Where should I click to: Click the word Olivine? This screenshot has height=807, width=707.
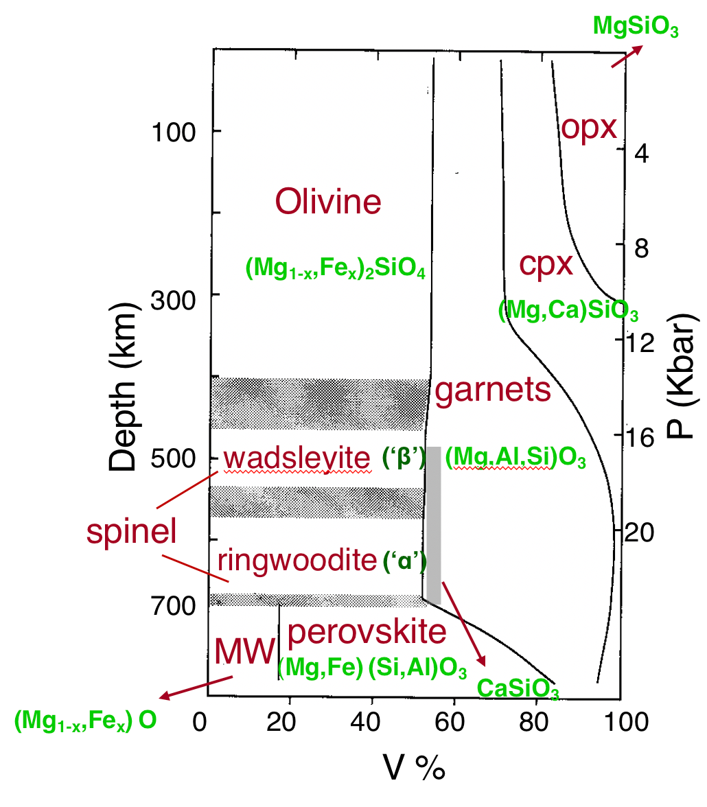click(x=328, y=202)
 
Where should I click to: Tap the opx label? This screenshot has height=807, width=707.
click(x=590, y=128)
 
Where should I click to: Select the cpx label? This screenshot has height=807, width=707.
click(x=546, y=264)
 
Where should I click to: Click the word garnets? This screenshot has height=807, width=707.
click(x=493, y=390)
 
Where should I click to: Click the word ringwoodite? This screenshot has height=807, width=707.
click(x=297, y=561)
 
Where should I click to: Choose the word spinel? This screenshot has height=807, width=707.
click(x=132, y=530)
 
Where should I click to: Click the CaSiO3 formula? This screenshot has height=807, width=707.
click(x=518, y=688)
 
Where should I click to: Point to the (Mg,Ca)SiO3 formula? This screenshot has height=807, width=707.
click(x=568, y=312)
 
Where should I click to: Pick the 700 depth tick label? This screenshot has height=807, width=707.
click(x=171, y=606)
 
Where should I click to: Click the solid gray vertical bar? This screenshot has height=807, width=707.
click(x=434, y=525)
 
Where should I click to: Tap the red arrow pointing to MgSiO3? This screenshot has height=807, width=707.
click(x=626, y=56)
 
